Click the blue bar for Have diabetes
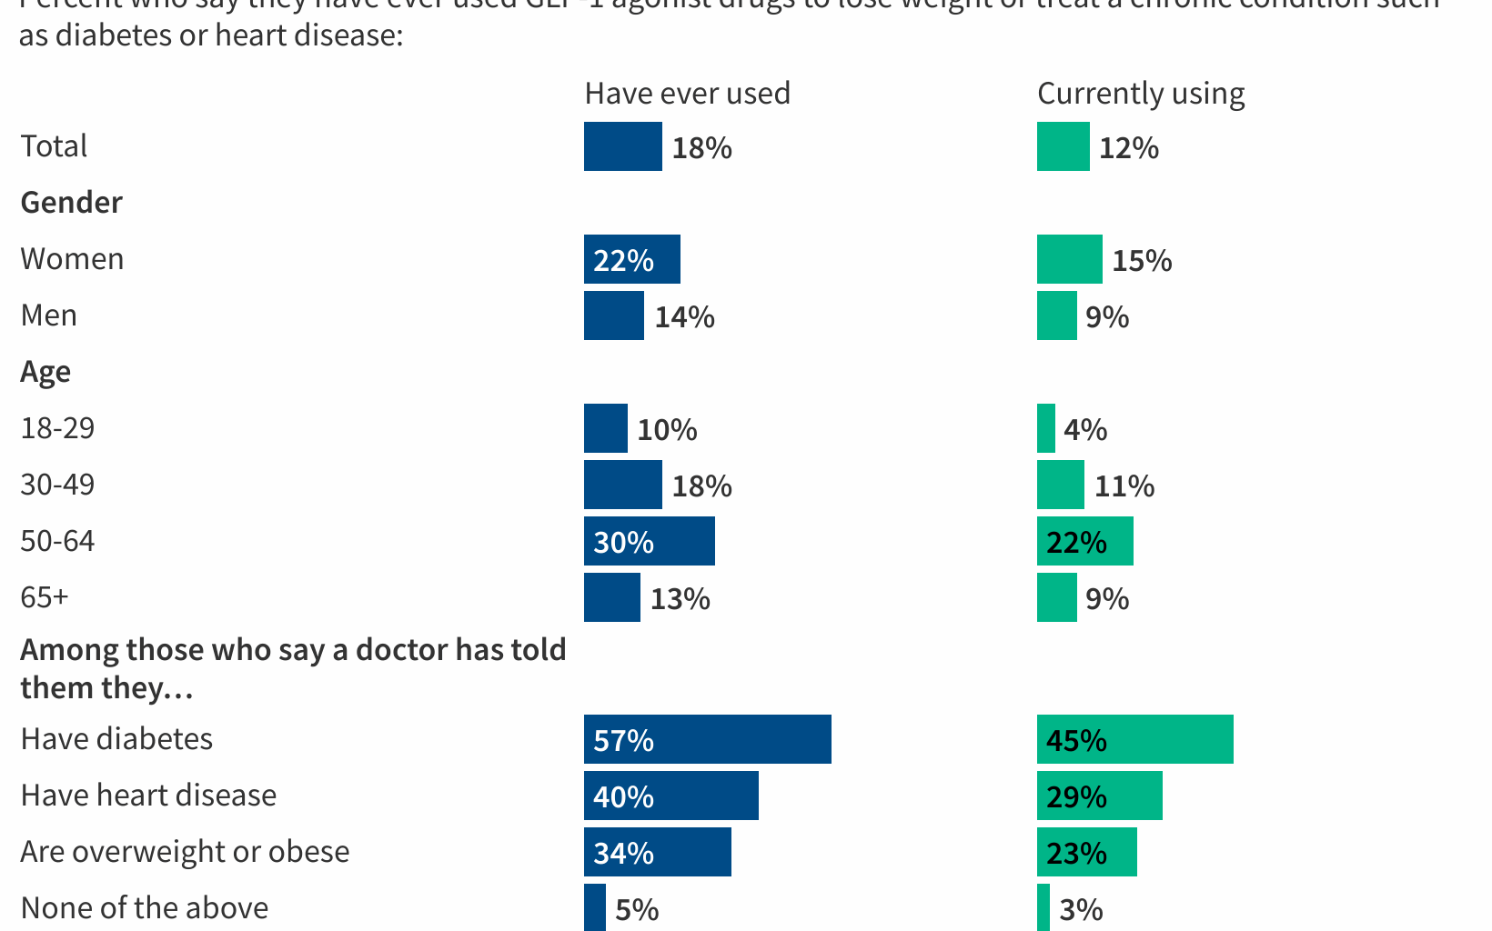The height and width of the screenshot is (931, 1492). click(708, 739)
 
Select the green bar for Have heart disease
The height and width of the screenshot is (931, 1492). click(1100, 796)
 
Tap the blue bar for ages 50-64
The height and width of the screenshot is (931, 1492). click(650, 541)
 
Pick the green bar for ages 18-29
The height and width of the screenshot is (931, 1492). click(1046, 428)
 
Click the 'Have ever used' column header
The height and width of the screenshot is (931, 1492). click(687, 94)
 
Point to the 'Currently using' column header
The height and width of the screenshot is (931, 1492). click(1141, 94)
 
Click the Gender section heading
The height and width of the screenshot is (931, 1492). click(71, 203)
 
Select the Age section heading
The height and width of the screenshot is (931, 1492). click(45, 372)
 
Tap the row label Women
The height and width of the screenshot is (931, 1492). click(72, 259)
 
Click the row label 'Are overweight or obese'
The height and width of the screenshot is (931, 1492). click(185, 852)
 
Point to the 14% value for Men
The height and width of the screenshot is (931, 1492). click(684, 317)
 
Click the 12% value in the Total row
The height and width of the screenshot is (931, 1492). click(1128, 148)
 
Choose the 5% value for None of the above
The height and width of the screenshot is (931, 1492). click(636, 909)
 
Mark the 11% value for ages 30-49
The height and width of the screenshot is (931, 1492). click(1124, 486)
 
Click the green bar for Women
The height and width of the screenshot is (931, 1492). click(1070, 259)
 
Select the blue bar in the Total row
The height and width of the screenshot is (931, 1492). click(623, 146)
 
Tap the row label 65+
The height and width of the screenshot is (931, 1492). click(45, 597)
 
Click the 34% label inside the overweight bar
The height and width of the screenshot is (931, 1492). click(623, 853)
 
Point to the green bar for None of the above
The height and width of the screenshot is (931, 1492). click(1043, 907)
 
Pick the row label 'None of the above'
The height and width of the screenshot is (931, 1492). click(144, 908)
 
